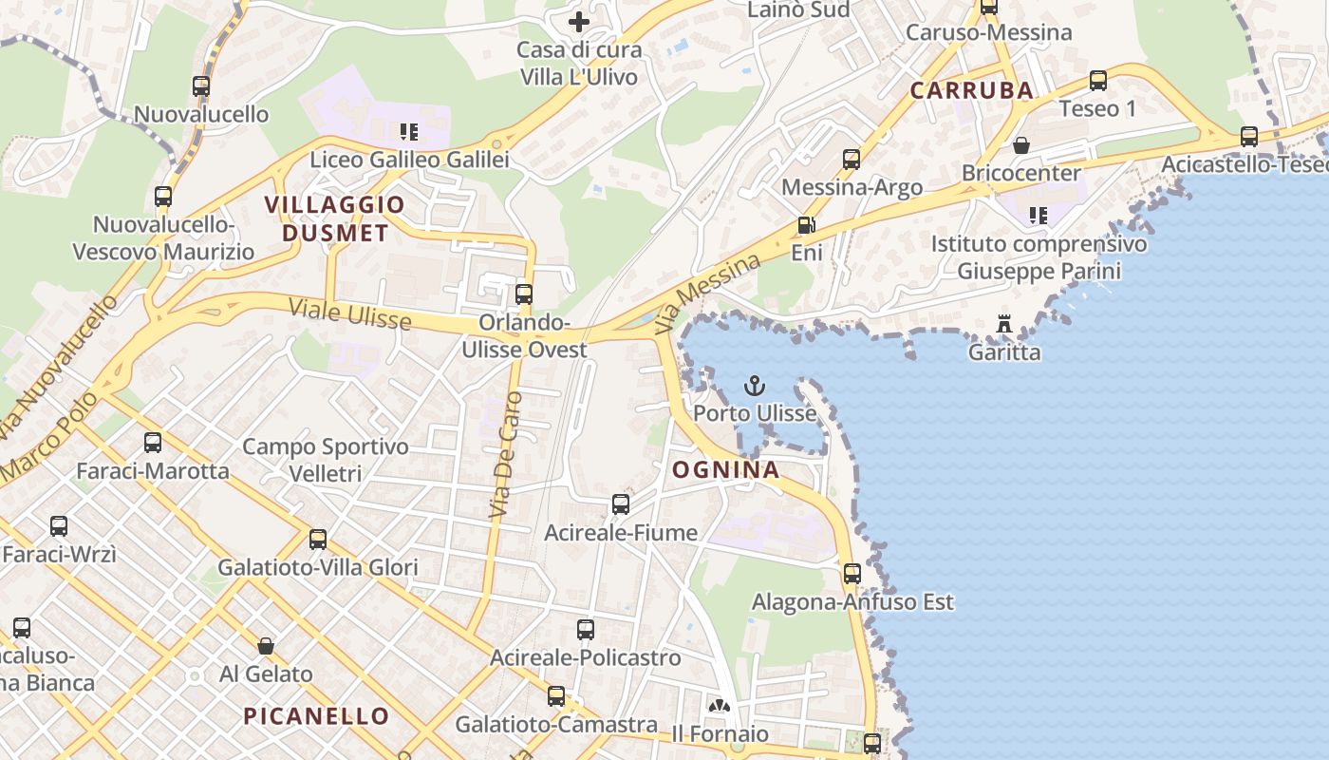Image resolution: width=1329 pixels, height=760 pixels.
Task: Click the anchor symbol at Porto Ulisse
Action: pos(755,386)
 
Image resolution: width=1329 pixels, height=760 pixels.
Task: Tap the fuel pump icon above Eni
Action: pos(806,225)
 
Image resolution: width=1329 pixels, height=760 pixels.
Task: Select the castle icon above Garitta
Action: pos(1004,325)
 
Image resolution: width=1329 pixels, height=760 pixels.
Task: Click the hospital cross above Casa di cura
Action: pos(578,21)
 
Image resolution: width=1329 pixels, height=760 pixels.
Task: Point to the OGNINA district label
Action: pos(726,469)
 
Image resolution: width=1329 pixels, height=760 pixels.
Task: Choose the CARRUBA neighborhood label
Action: pos(971,90)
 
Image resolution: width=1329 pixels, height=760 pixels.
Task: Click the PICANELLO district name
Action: pos(316,716)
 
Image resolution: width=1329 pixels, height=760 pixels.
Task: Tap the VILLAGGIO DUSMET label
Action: pos(334,218)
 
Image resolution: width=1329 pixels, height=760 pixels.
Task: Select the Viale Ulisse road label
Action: pos(350,314)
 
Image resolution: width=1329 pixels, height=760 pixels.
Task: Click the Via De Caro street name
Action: pos(506,455)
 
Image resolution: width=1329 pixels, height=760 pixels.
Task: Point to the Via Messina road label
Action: pos(708,294)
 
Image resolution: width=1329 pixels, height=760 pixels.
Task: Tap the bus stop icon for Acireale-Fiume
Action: pos(621,504)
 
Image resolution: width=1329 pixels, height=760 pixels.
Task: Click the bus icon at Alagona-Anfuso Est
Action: pos(852,574)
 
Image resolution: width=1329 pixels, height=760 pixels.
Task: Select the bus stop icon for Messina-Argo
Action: pos(852,160)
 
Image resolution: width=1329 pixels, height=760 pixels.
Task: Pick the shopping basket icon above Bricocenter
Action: pos(1021,145)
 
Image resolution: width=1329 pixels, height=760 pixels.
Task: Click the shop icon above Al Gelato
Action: pos(266,646)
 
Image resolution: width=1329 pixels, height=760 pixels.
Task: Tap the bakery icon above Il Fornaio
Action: pos(720,706)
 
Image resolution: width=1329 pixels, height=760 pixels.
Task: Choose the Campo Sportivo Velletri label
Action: pos(326,460)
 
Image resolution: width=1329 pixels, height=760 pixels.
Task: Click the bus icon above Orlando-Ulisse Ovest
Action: pos(524,294)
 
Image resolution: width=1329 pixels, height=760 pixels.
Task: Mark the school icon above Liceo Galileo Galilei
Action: pos(409,131)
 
